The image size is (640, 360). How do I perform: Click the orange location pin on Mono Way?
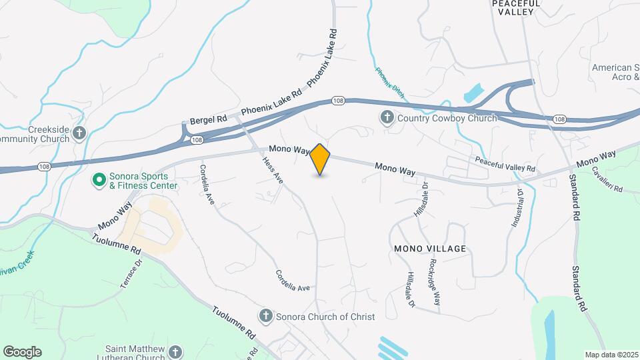pyautogui.click(x=321, y=159)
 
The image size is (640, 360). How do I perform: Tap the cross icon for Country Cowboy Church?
pyautogui.click(x=387, y=119)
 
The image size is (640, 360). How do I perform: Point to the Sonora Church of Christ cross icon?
pyautogui.click(x=265, y=316)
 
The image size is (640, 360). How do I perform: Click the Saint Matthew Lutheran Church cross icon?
pyautogui.click(x=175, y=351)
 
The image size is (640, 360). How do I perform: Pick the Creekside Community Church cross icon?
pyautogui.click(x=79, y=133)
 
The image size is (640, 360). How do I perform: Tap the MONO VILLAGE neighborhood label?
pyautogui.click(x=429, y=249)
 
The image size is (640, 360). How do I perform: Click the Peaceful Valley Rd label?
pyautogui.click(x=505, y=164)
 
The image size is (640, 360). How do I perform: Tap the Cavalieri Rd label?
pyautogui.click(x=606, y=179)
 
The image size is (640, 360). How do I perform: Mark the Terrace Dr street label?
pyautogui.click(x=131, y=273)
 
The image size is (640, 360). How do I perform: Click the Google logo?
pyautogui.click(x=22, y=352)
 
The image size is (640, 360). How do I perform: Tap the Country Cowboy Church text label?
pyautogui.click(x=447, y=119)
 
